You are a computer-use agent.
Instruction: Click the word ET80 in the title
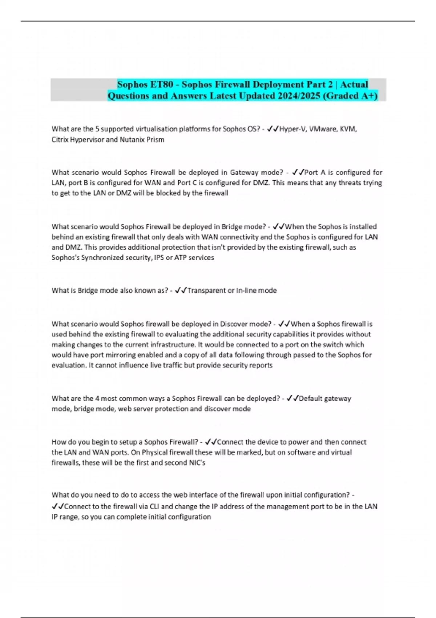tap(161, 84)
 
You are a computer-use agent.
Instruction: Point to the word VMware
tap(320, 129)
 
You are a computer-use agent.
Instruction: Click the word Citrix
tap(60, 140)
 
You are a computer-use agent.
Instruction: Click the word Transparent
tap(206, 290)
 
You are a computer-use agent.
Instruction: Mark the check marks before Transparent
tap(181, 290)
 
